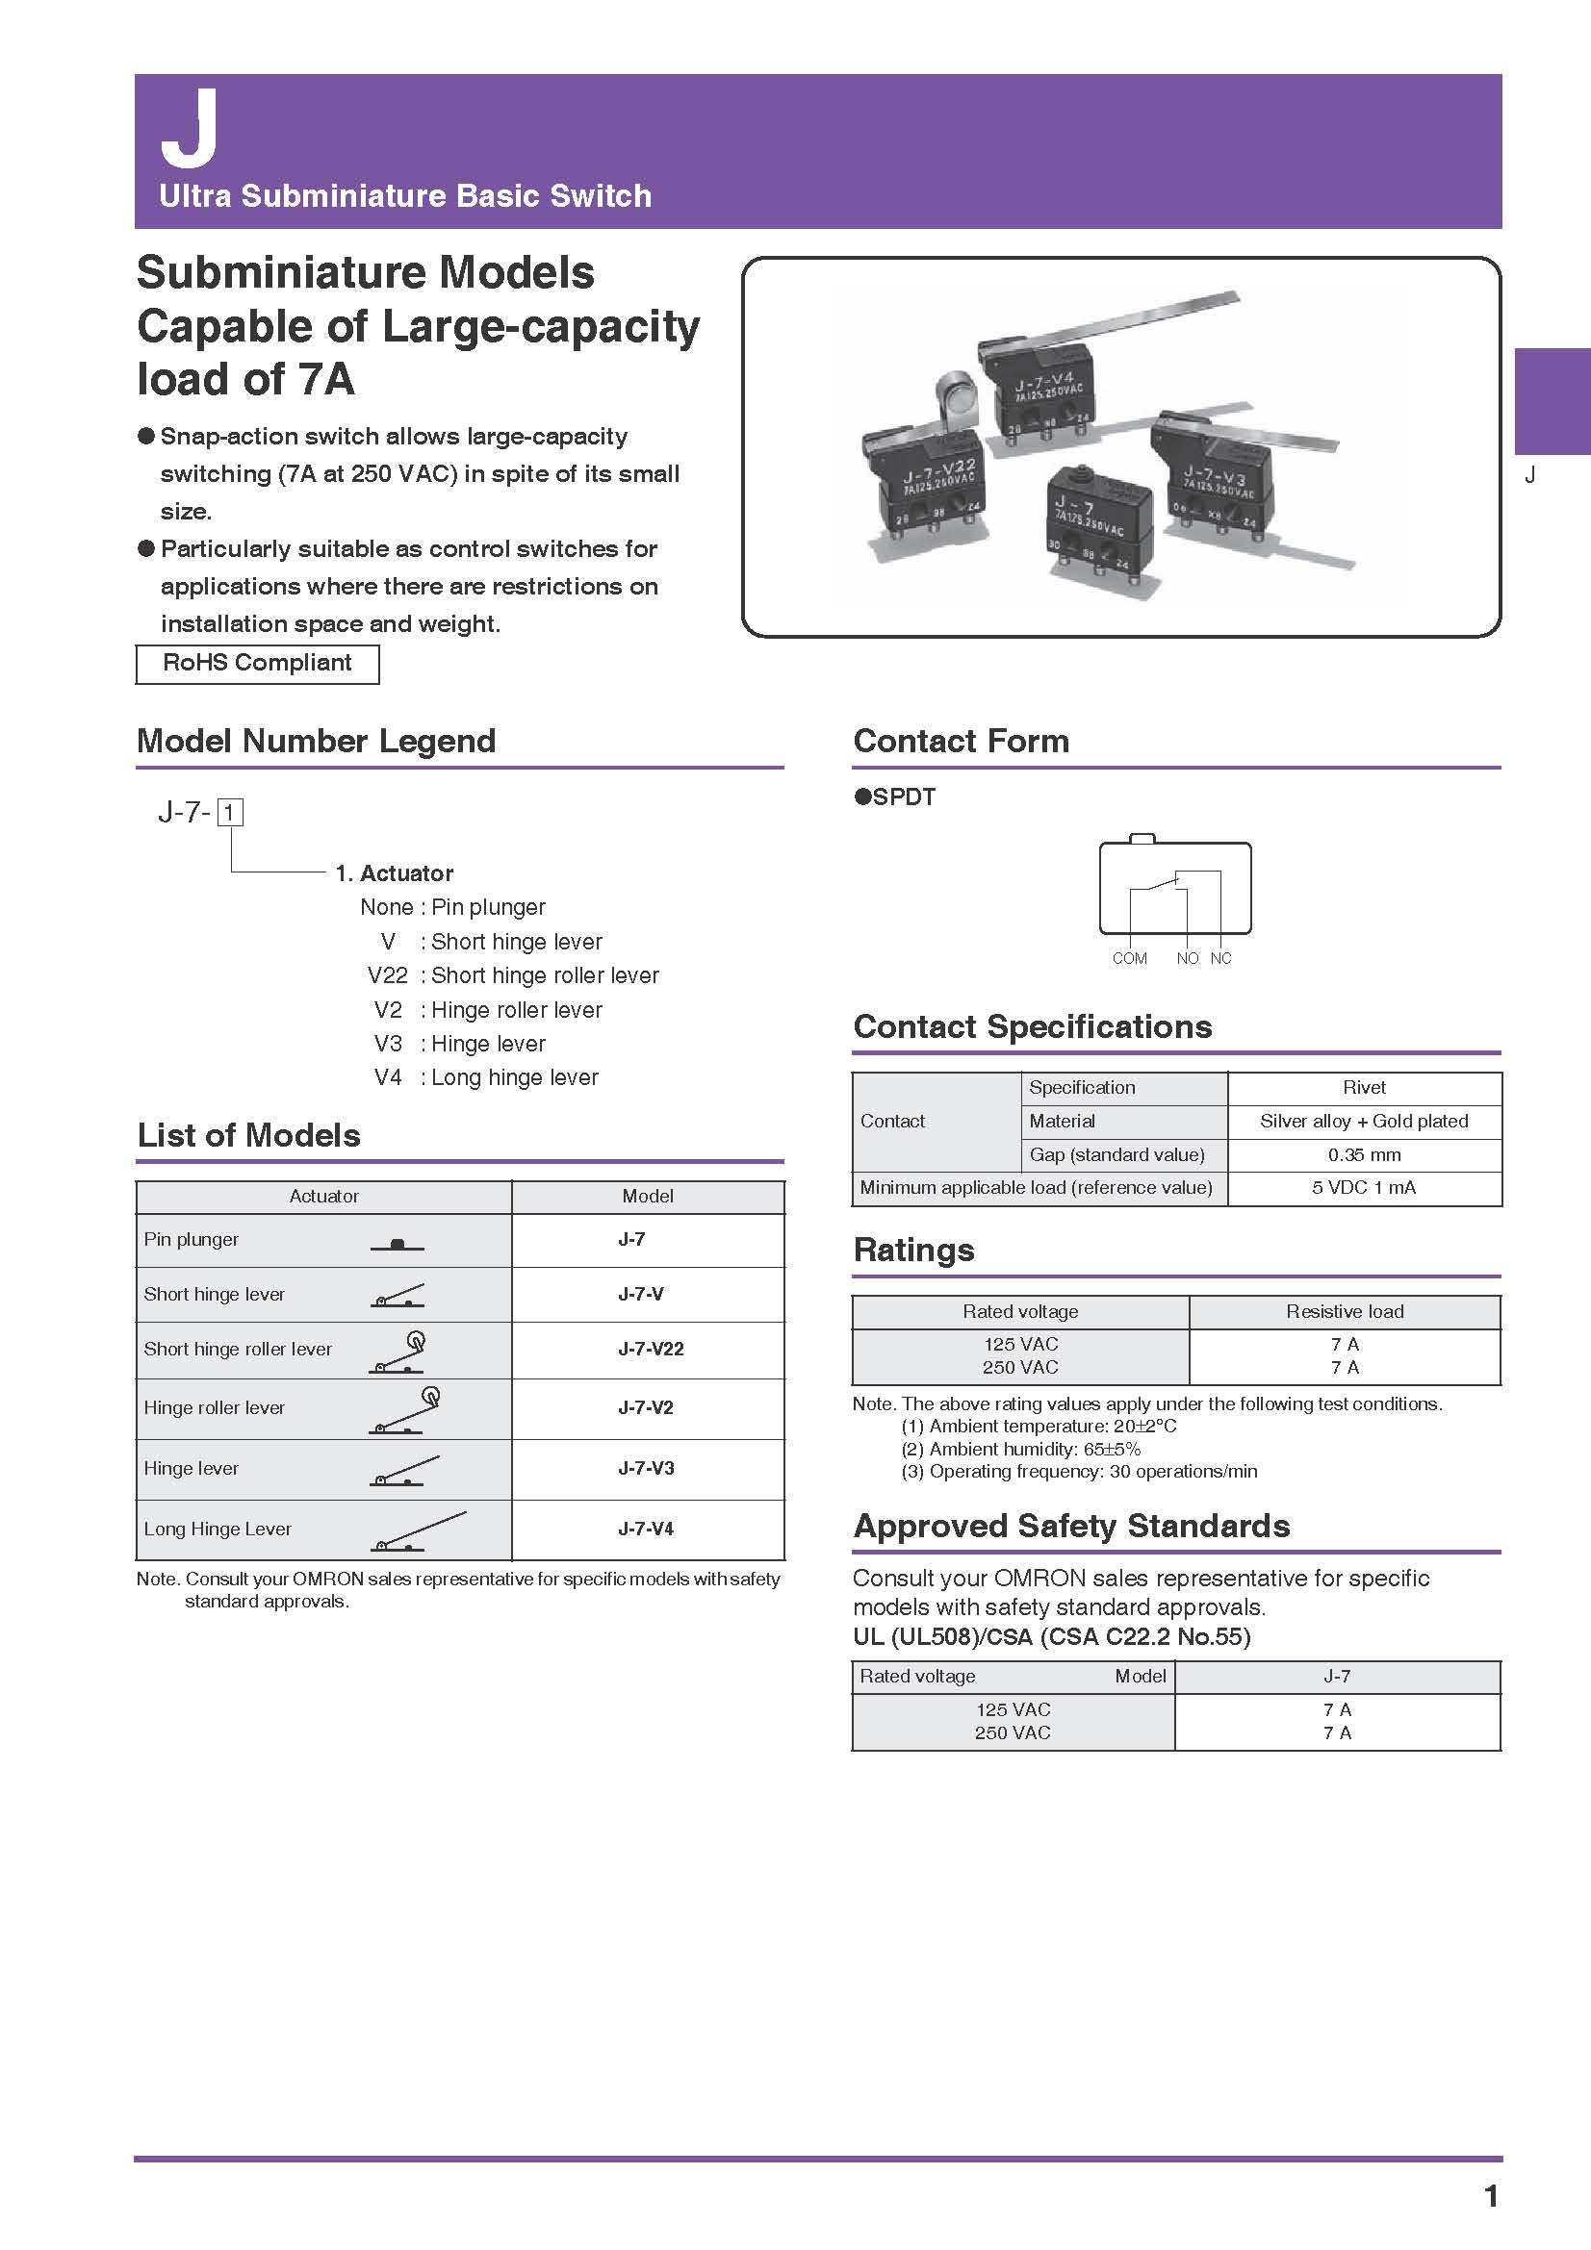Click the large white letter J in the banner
point(190,128)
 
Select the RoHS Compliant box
point(257,664)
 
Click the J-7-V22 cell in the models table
point(650,1349)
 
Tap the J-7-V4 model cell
point(645,1528)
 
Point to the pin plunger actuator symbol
point(397,1244)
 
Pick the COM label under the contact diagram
point(1129,958)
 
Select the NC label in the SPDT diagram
point(1220,958)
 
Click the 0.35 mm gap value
point(1364,1154)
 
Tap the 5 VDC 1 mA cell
point(1364,1188)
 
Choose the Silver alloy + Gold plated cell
point(1364,1121)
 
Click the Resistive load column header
point(1344,1311)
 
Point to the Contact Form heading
point(961,741)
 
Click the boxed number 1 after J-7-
point(229,813)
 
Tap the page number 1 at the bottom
point(1491,2196)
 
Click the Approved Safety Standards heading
point(1071,1527)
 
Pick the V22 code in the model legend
point(387,976)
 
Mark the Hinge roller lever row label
point(215,1407)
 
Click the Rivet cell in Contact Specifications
point(1364,1088)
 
